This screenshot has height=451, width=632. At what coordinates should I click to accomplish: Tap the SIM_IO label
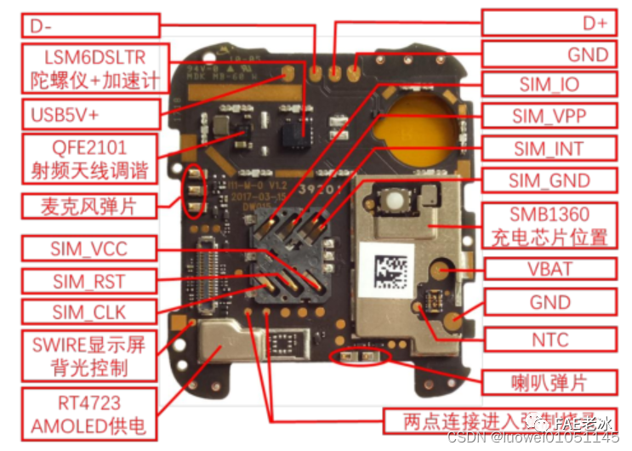tap(548, 84)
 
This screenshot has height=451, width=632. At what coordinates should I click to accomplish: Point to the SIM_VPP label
tap(548, 116)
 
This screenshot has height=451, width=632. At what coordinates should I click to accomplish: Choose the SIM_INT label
tap(548, 148)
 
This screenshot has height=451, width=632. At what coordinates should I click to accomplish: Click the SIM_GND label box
tap(548, 180)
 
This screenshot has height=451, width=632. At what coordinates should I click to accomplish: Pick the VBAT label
tap(549, 269)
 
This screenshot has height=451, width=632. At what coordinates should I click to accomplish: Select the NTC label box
tap(549, 340)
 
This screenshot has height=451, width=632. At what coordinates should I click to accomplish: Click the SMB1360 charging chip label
tap(548, 225)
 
